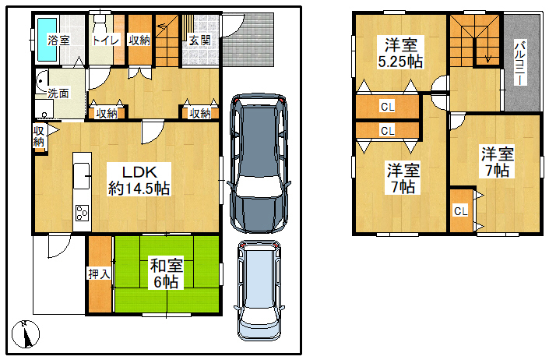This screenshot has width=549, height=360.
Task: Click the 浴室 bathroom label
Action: (58, 40)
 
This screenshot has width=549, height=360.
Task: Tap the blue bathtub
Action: (48, 39)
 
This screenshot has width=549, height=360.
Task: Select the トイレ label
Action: (106, 40)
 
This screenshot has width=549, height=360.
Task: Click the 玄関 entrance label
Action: (200, 40)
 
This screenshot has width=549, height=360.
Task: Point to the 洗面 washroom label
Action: (58, 94)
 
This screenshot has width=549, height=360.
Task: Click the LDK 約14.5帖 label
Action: (139, 180)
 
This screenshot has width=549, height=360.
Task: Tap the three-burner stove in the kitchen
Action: (83, 213)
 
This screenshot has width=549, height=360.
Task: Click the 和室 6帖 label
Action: (167, 274)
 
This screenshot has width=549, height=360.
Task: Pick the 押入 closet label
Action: (99, 274)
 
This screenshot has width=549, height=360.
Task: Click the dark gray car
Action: (259, 163)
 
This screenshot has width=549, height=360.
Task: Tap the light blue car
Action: (259, 291)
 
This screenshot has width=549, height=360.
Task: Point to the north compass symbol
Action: (26, 334)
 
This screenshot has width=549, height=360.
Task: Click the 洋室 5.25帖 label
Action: (400, 52)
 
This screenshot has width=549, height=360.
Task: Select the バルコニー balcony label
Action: (521, 63)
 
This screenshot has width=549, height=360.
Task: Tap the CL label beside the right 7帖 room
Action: (461, 211)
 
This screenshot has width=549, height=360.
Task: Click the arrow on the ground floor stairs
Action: (163, 25)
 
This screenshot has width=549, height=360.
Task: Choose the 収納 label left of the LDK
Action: (39, 136)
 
